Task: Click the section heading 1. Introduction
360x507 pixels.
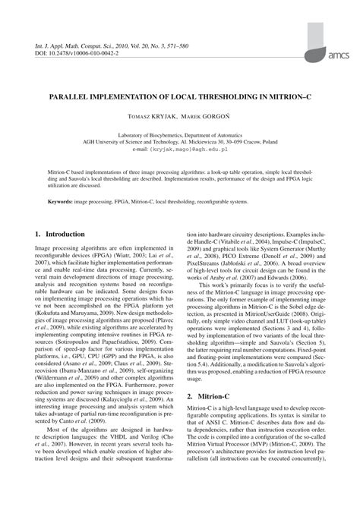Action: click(61, 236)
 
